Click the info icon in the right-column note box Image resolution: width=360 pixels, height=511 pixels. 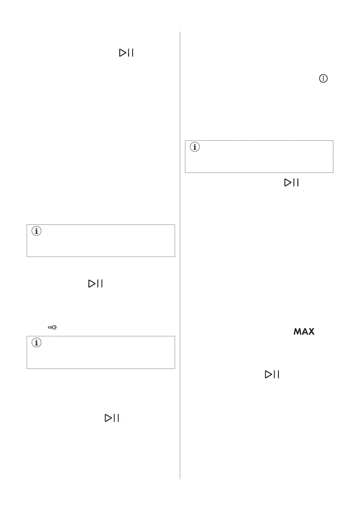pyautogui.click(x=195, y=148)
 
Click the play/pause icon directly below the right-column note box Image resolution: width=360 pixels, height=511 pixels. pyautogui.click(x=291, y=183)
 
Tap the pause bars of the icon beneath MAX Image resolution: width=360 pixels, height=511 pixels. pyautogui.click(x=277, y=375)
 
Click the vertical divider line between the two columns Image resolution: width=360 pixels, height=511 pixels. pyautogui.click(x=180, y=257)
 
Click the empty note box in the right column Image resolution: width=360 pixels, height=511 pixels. pyautogui.click(x=259, y=157)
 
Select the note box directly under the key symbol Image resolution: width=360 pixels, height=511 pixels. pyautogui.click(x=101, y=352)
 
